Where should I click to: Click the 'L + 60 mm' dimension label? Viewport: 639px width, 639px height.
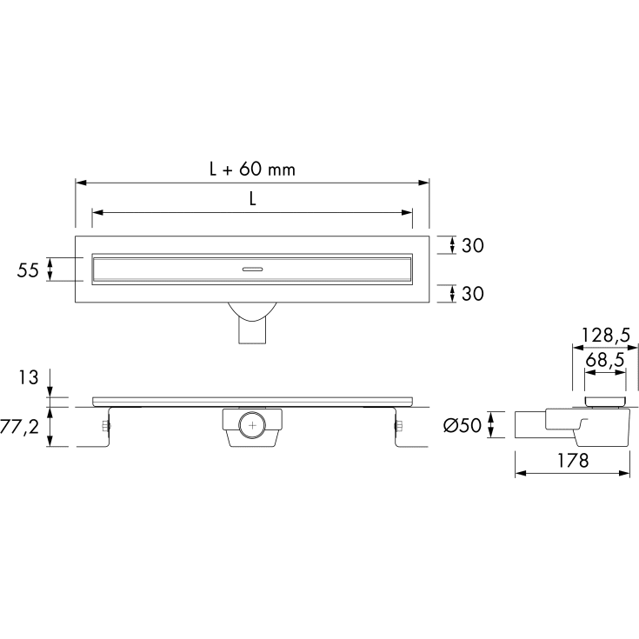[252, 169]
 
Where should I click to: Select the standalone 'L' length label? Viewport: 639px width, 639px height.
[253, 199]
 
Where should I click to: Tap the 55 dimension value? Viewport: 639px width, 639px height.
[28, 270]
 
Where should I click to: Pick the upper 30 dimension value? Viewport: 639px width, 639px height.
[473, 245]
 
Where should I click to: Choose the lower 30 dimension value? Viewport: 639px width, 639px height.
[473, 294]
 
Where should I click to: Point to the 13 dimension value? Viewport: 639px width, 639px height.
[28, 377]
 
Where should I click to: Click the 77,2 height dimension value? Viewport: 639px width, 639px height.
[19, 427]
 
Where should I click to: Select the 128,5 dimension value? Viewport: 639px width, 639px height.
[606, 336]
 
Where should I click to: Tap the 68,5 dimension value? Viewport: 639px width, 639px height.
[605, 360]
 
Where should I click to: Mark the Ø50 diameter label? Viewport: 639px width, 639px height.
[463, 425]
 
